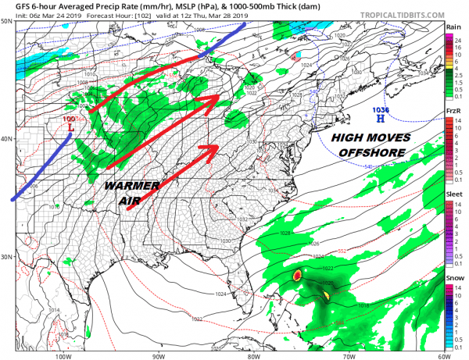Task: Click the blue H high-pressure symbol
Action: click(x=381, y=120)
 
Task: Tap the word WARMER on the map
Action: click(x=131, y=188)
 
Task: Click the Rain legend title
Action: click(x=453, y=27)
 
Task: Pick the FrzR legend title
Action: click(x=453, y=112)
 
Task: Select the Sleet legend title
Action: click(x=453, y=194)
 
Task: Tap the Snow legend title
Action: click(x=453, y=278)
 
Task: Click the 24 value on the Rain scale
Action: click(x=460, y=38)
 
